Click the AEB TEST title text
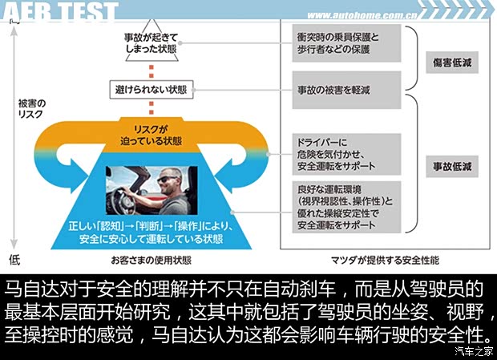coord(60,11)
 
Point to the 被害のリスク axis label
coord(32,110)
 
